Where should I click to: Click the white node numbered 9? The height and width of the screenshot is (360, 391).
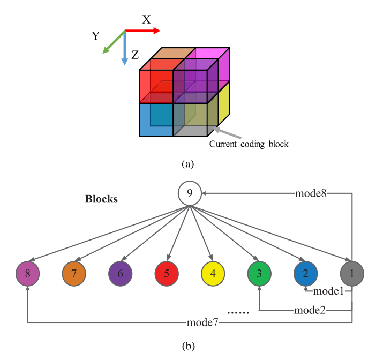[190, 193]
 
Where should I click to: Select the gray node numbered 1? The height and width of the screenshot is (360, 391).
[352, 273]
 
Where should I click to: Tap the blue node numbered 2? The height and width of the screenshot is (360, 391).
[305, 273]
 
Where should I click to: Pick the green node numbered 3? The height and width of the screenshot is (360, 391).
[259, 273]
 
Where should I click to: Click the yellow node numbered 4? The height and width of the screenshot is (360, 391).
[213, 273]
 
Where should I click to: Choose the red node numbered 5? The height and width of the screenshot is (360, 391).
[167, 273]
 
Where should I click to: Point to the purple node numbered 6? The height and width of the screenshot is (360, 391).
[120, 273]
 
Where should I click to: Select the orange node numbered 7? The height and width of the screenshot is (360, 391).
[74, 273]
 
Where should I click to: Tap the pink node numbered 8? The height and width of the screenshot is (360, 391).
[27, 273]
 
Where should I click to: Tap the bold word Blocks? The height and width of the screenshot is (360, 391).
[101, 199]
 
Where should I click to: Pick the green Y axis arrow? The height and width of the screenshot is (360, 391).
[113, 42]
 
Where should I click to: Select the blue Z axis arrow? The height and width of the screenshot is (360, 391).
[124, 48]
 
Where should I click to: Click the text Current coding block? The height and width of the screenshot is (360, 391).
[249, 144]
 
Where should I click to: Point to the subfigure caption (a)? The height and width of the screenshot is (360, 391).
[187, 164]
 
